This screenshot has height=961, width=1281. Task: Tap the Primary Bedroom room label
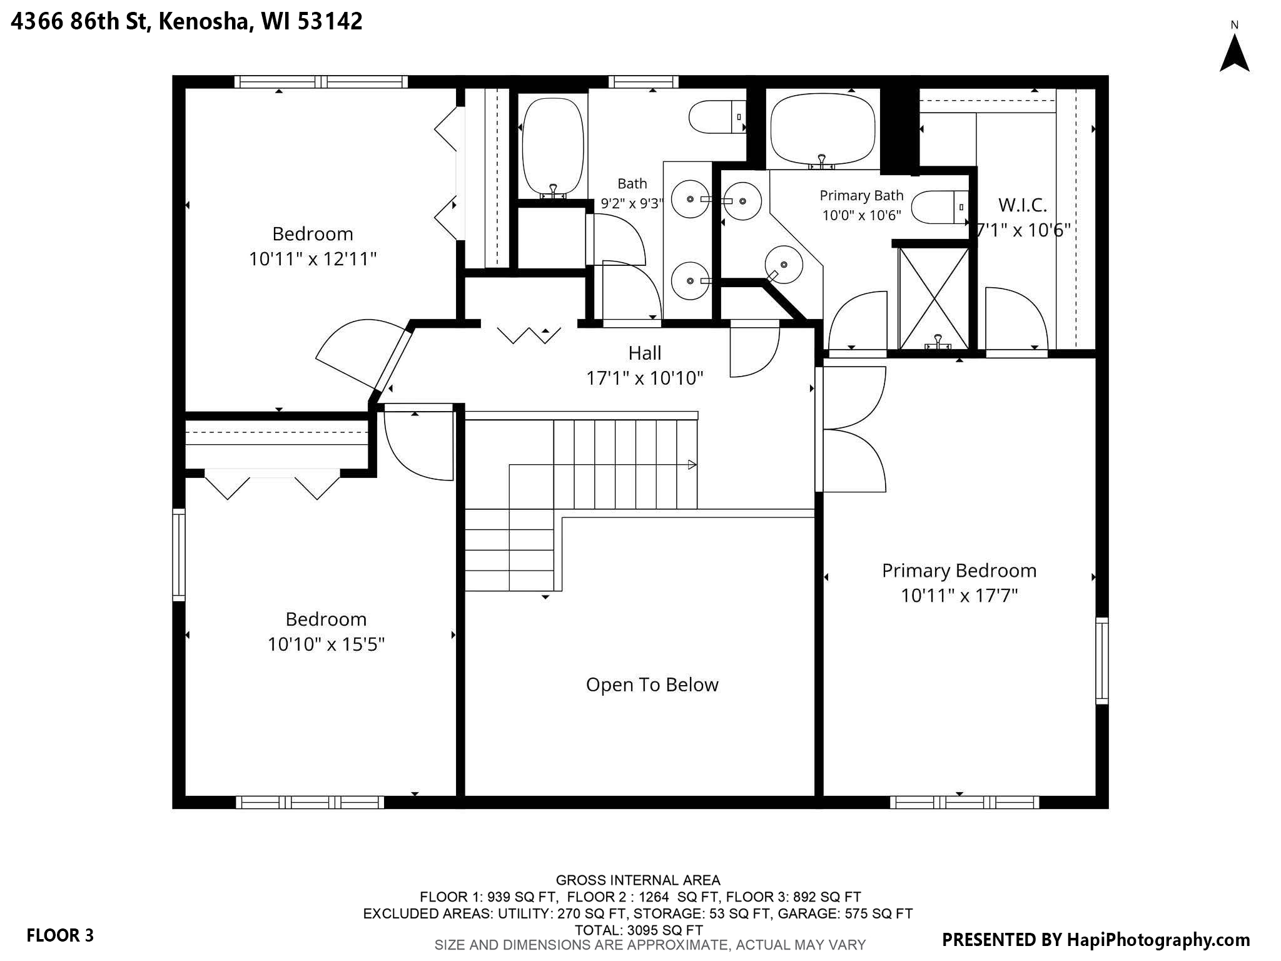(x=959, y=571)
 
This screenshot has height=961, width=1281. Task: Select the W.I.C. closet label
(x=1023, y=205)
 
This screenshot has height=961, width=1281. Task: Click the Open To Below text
(x=652, y=684)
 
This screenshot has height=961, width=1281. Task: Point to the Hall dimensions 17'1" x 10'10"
(x=644, y=378)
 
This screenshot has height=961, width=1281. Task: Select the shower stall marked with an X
(x=933, y=298)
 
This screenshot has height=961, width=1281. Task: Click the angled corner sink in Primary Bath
(x=783, y=265)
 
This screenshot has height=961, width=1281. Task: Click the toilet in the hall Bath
(x=717, y=117)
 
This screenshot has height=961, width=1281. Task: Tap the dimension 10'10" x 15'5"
(x=326, y=644)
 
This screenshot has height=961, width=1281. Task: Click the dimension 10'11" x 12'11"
(x=313, y=258)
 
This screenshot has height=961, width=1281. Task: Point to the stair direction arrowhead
(x=692, y=464)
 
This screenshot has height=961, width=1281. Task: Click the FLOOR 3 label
(x=60, y=935)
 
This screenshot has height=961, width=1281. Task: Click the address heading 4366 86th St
(x=80, y=21)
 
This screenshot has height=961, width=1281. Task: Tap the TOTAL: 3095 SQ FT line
(x=638, y=930)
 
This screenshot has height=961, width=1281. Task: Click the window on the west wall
(x=179, y=555)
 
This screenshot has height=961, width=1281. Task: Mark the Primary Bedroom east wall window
(x=1102, y=661)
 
